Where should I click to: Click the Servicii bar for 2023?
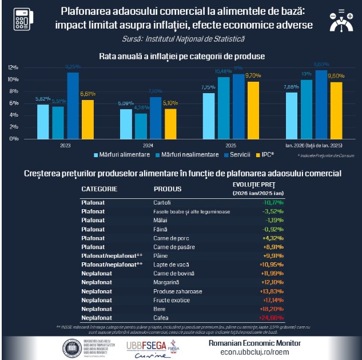73,106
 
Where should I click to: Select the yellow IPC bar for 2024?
170,123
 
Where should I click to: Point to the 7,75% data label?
209,87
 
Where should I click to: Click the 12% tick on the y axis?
13,67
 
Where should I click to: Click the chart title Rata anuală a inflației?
181,57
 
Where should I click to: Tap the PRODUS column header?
167,189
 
